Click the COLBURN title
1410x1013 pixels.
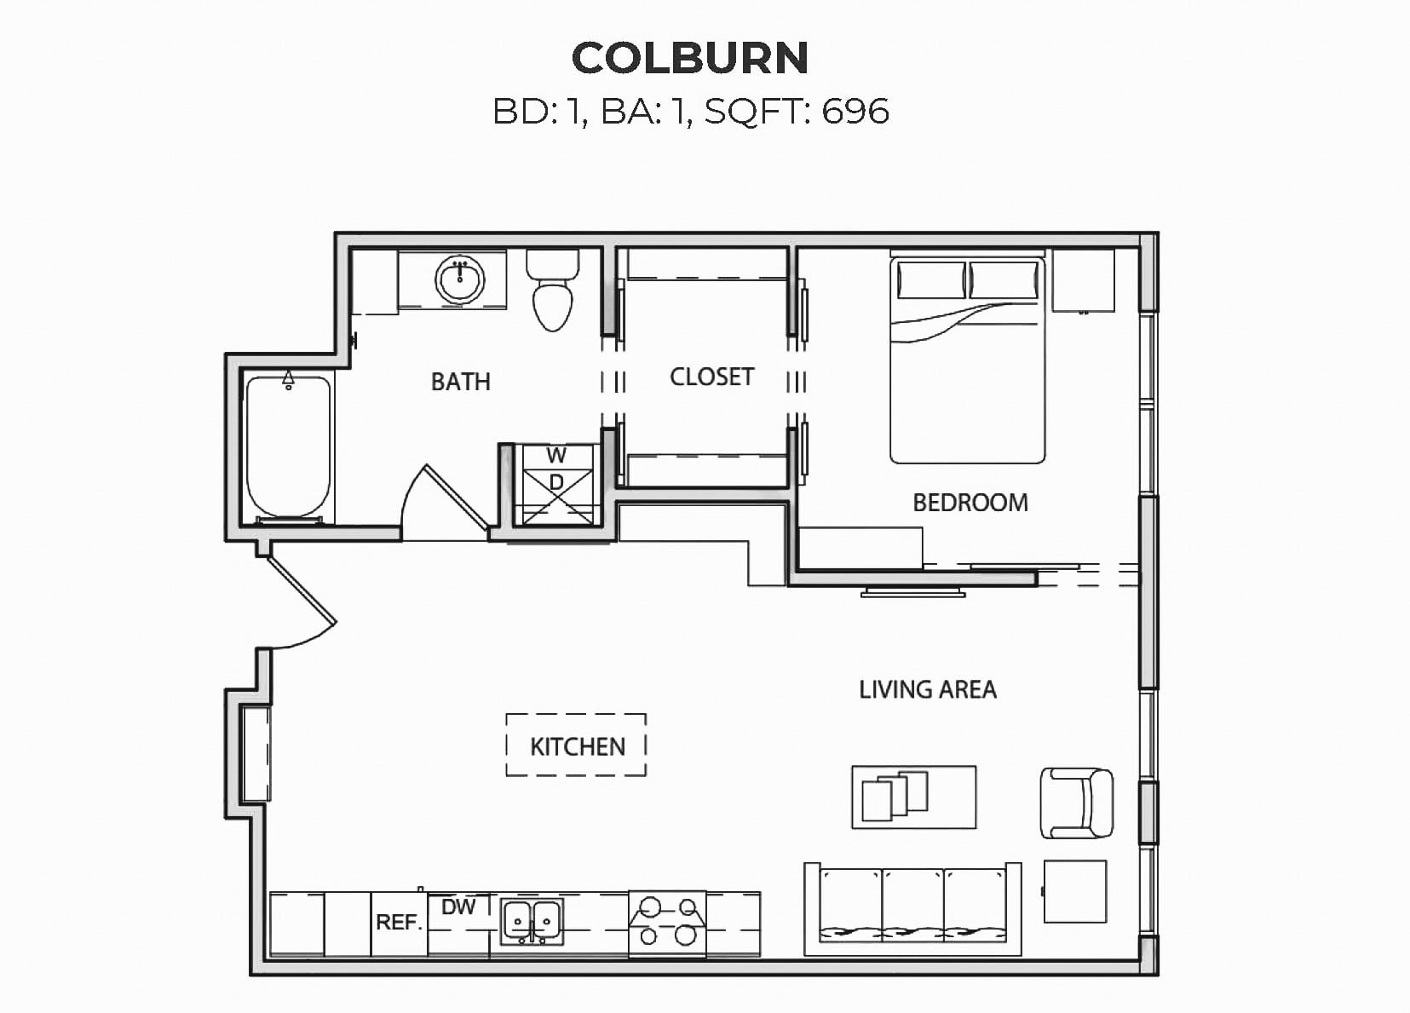tap(690, 58)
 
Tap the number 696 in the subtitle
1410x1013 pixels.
tap(855, 111)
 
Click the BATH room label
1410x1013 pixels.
tap(460, 382)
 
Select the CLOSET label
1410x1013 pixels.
tap(712, 377)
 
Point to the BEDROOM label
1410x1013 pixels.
tap(970, 503)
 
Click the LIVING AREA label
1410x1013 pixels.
tap(928, 689)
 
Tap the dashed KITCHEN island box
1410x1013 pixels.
tap(576, 745)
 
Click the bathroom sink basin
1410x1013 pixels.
tap(460, 279)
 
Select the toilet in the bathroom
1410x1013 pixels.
tap(553, 290)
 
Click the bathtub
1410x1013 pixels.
tap(288, 447)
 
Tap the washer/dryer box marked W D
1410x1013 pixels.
tap(555, 484)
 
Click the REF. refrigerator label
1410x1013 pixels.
tap(399, 923)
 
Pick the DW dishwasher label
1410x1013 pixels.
tap(458, 907)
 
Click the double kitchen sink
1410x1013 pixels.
tap(532, 922)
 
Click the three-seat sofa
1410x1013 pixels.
tap(912, 909)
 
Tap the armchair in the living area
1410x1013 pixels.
tap(1077, 803)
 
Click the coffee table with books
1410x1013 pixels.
tap(914, 797)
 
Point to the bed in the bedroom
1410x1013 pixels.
tap(968, 358)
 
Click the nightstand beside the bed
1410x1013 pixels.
tap(1084, 281)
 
